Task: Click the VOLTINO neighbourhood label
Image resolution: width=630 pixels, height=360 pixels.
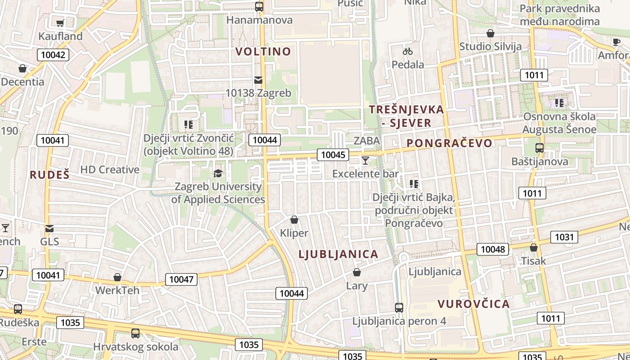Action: tap(263, 51)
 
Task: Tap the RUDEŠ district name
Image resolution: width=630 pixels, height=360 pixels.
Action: tap(49, 175)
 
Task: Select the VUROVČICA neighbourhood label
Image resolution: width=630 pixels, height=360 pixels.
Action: tap(473, 304)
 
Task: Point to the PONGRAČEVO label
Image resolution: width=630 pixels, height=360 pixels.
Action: tap(450, 143)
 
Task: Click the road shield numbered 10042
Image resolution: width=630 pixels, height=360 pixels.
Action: tap(53, 55)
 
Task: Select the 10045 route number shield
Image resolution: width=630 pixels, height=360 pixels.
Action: tap(333, 155)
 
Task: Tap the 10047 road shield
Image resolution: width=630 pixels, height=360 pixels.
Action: tap(181, 279)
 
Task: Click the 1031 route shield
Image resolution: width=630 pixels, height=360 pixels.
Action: tap(564, 237)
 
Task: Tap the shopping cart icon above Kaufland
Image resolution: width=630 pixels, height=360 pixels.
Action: tap(60, 23)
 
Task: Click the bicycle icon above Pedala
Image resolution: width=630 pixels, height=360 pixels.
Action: tap(408, 51)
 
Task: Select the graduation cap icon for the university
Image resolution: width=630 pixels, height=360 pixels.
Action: tap(218, 173)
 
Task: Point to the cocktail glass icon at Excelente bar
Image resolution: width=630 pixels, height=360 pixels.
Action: tap(365, 161)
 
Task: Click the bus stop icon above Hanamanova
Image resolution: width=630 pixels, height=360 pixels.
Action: tap(259, 7)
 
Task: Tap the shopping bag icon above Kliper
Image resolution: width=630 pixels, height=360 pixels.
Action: tap(294, 220)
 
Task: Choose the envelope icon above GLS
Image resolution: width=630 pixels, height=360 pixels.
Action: tap(49, 229)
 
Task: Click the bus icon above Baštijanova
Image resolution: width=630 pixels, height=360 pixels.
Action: tap(539, 148)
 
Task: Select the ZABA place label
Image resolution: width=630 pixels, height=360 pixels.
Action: tap(367, 141)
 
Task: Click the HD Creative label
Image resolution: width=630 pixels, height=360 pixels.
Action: tap(110, 170)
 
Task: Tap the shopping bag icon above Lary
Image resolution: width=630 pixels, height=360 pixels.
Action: tap(357, 273)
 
